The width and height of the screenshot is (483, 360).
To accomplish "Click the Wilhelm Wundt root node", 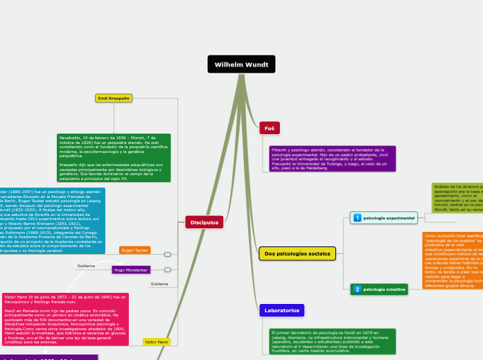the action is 241,64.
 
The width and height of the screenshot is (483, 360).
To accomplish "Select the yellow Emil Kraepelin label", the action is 114,99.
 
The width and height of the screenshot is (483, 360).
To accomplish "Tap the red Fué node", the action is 270,129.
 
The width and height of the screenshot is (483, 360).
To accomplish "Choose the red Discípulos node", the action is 204,222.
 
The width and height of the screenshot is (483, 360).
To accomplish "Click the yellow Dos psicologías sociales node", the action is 297,254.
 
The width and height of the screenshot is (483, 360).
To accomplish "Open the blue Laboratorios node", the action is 281,311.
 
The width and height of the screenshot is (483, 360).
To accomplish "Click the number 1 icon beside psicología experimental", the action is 358,218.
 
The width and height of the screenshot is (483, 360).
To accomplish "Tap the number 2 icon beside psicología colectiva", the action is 358,289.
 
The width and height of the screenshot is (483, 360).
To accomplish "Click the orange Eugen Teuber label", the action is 135,250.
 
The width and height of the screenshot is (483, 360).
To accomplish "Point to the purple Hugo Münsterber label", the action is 131,269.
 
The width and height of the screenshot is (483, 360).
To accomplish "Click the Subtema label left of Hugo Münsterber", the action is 87,266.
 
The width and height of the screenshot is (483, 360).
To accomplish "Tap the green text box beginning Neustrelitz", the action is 114,158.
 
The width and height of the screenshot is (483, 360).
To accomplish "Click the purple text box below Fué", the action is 332,159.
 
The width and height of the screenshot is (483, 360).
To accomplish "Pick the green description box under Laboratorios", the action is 322,341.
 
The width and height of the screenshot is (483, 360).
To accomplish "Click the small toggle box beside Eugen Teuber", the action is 168,254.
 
